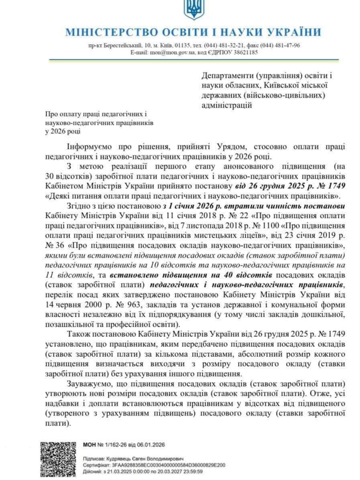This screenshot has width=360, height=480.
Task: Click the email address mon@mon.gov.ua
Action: click(168, 52)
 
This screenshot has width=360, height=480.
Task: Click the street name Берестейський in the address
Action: click(121, 45)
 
